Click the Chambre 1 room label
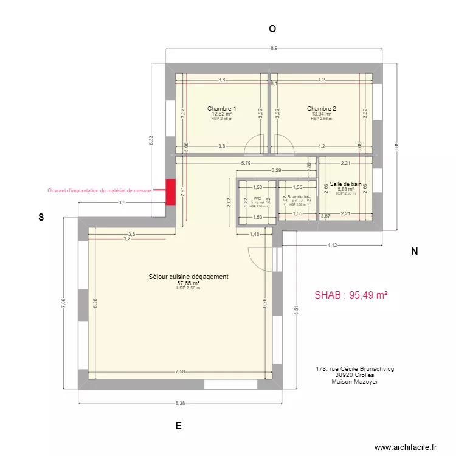point(222,108)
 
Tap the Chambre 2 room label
point(321,108)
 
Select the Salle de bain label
point(345,184)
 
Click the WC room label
point(258,198)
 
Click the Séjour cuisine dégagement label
point(188,277)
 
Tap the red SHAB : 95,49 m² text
point(351,295)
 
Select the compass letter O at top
point(272,29)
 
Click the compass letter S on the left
point(41,217)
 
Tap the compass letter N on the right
point(414,252)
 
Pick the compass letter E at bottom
point(178,426)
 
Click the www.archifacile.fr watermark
point(406,447)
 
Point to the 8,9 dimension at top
point(274,48)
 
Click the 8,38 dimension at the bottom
point(181,403)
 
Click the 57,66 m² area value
point(188,283)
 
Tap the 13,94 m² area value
point(321,114)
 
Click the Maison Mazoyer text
point(354,382)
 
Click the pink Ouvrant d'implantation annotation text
point(100,190)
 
